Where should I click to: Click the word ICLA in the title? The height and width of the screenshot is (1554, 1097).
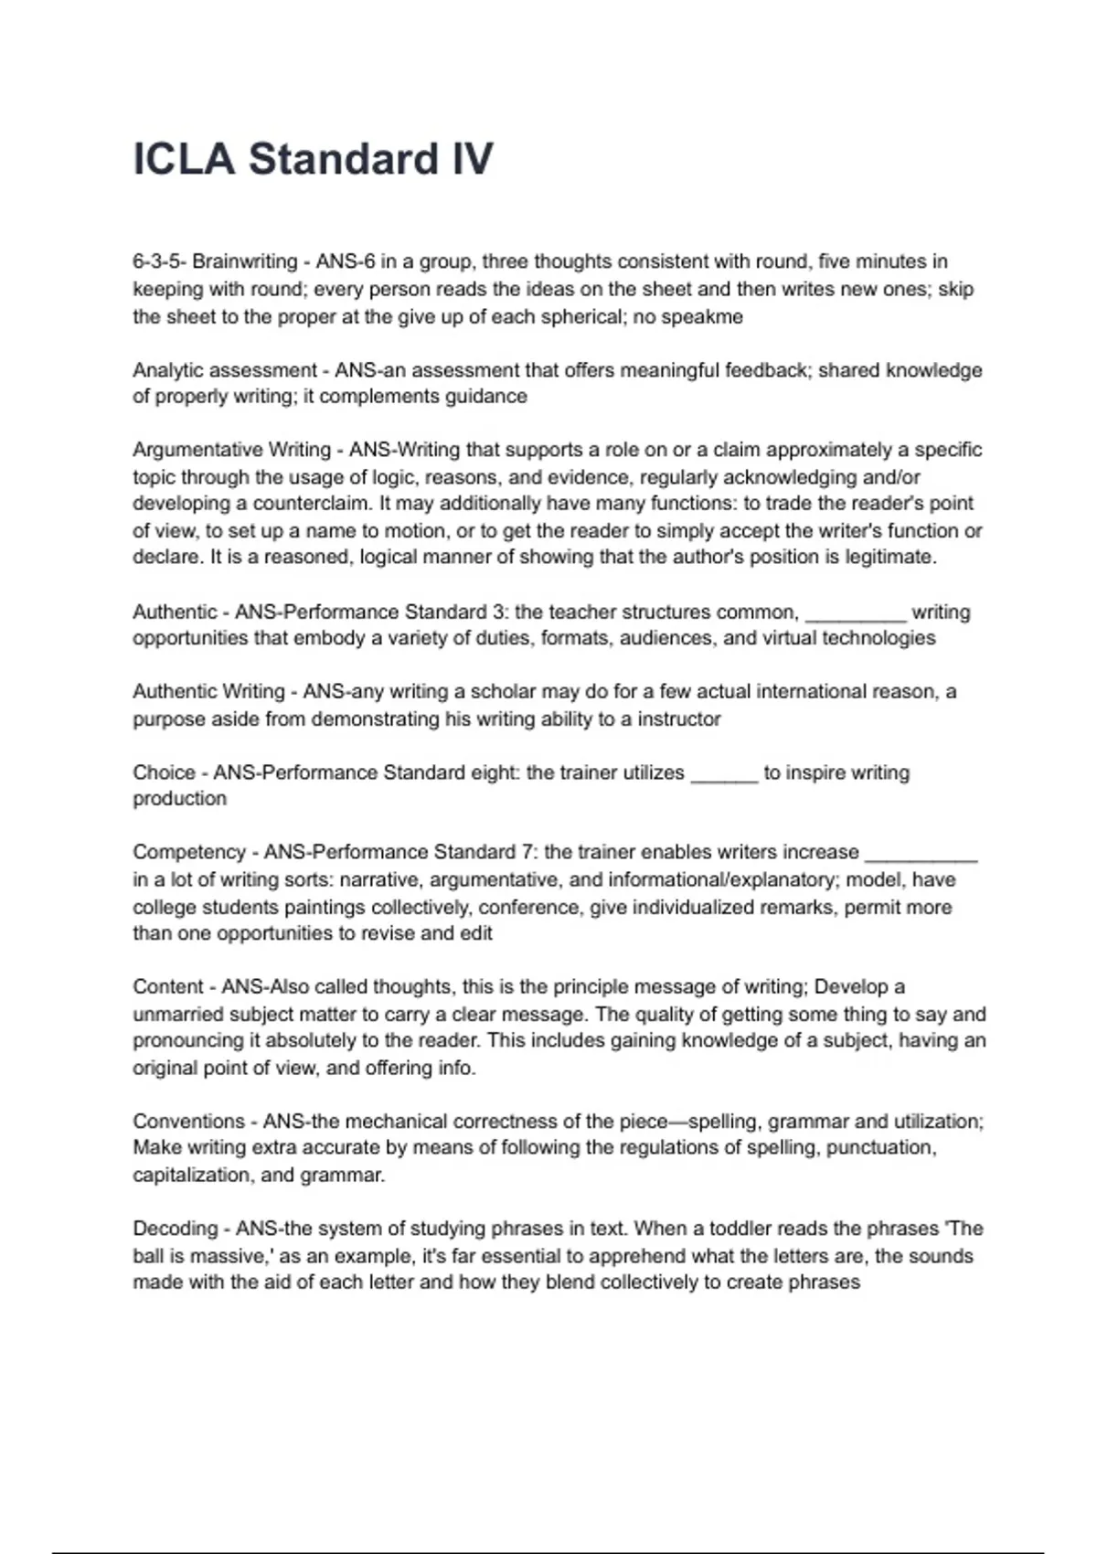(x=184, y=159)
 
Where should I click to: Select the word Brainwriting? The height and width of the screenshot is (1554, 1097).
(x=244, y=261)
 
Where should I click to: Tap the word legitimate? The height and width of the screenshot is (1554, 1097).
(x=889, y=557)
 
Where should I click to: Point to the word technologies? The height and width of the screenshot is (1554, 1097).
(x=879, y=638)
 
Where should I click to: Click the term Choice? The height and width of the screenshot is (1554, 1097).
(x=164, y=772)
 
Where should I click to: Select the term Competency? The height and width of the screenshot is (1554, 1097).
(x=188, y=852)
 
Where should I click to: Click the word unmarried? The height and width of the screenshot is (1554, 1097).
(x=176, y=1014)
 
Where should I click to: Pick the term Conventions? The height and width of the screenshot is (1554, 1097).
(x=188, y=1122)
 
